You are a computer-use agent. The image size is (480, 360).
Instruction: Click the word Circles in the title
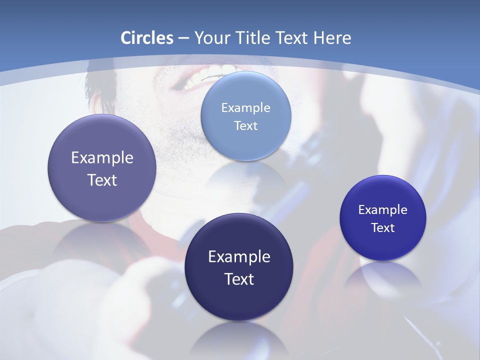coord(146,38)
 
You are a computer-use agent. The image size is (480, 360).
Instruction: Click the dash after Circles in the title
coord(183,38)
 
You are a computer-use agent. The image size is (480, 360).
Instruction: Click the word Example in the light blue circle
coord(245,107)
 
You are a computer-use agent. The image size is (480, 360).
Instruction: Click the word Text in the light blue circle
coord(245,125)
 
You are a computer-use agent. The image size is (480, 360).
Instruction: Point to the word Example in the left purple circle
coord(102,158)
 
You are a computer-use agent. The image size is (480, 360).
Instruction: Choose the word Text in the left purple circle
coord(102,180)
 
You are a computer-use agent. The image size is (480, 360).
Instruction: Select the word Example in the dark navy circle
coord(239,257)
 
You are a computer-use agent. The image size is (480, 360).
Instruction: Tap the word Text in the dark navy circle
coord(239,279)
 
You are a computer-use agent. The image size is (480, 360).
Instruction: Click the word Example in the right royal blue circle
coord(382,209)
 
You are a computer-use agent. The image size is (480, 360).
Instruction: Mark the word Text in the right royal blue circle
coord(383,228)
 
